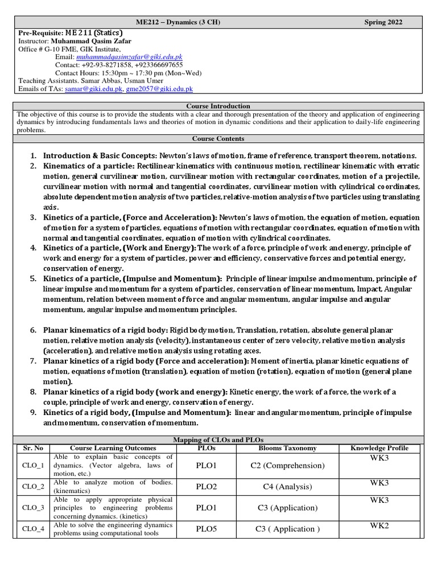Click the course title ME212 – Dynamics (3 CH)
point(178,22)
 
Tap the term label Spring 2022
point(383,22)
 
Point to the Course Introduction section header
point(218,106)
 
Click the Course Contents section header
point(218,138)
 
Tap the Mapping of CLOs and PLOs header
point(218,440)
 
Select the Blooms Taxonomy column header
point(287,448)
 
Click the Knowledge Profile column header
point(381,448)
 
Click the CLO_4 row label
point(32,529)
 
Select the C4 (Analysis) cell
point(287,487)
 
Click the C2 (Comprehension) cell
point(287,466)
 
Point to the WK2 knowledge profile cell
point(380,525)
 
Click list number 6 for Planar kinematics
point(33,330)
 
